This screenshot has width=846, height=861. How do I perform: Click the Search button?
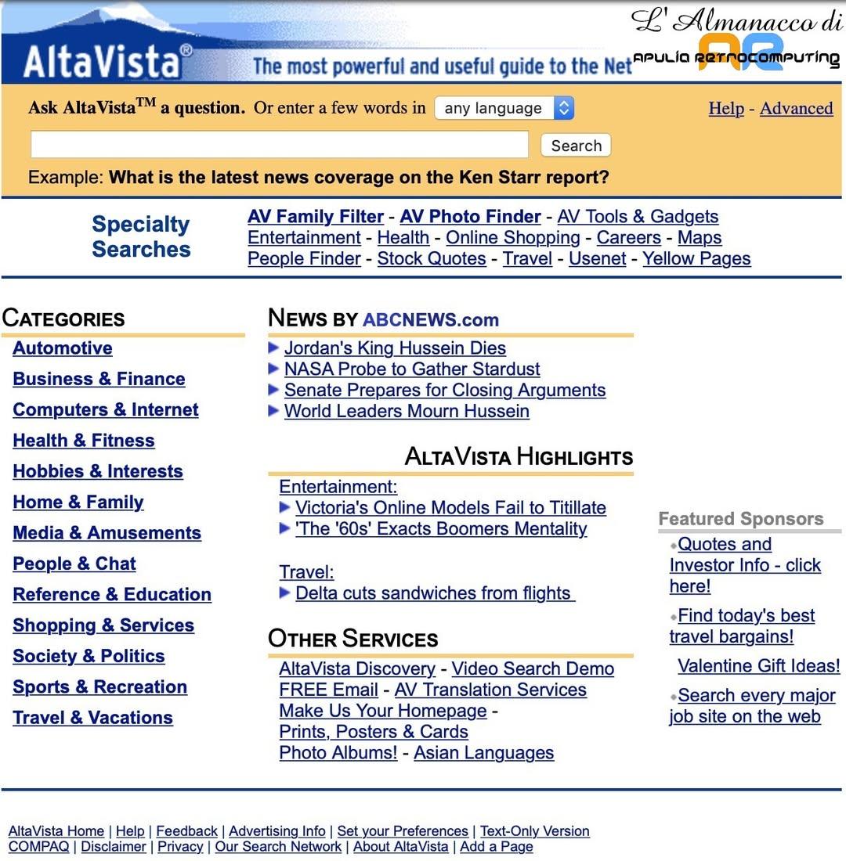[576, 146]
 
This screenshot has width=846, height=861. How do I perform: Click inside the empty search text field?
[279, 145]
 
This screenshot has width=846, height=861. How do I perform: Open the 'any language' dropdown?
[504, 108]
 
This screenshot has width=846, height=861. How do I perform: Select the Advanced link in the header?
[796, 109]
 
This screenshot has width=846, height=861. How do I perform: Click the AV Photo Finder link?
[470, 217]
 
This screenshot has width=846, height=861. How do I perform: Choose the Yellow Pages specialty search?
[696, 259]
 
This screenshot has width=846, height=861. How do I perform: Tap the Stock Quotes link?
[432, 259]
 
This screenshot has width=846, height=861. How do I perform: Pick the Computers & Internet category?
[106, 410]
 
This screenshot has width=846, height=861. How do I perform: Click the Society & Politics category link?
[89, 657]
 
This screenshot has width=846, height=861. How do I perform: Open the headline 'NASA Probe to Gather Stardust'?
[412, 369]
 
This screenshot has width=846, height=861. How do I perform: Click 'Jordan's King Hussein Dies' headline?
[395, 348]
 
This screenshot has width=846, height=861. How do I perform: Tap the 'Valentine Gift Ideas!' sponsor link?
[758, 666]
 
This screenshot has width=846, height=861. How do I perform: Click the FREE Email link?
[328, 690]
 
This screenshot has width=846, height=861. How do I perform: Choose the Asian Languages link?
[483, 753]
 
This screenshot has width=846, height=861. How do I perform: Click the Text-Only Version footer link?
[534, 831]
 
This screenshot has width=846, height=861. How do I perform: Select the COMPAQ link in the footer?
[38, 847]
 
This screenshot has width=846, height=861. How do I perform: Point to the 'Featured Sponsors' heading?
[740, 519]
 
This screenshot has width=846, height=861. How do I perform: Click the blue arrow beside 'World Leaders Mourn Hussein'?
[273, 411]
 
